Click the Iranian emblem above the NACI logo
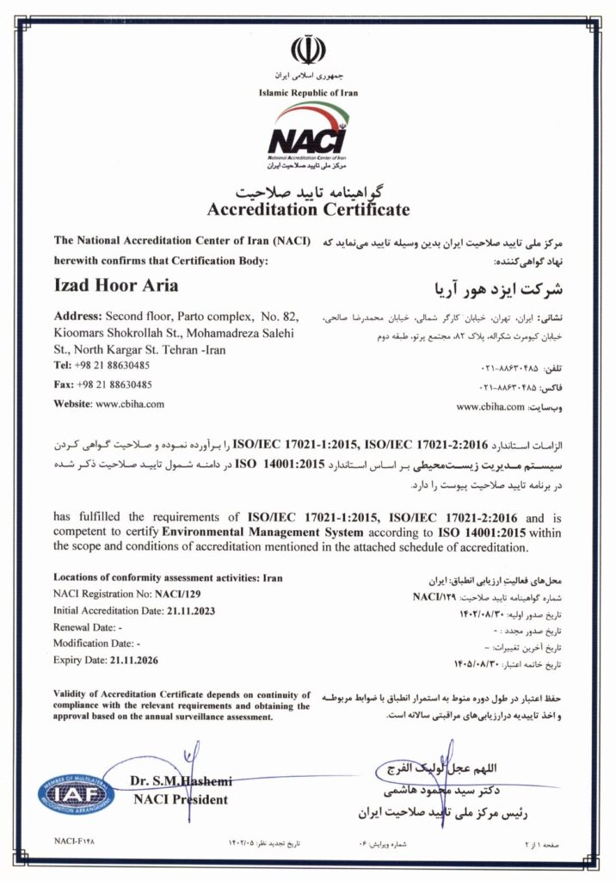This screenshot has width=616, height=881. tap(308, 51)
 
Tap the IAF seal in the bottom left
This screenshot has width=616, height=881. tap(76, 792)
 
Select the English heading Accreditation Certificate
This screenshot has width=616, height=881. tap(308, 209)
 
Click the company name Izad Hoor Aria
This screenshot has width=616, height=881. tap(116, 286)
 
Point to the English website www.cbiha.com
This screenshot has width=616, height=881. tap(129, 403)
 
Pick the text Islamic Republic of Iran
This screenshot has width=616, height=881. tap(308, 93)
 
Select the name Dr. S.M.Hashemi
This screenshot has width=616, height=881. tap(182, 780)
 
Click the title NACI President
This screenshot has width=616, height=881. tap(181, 799)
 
